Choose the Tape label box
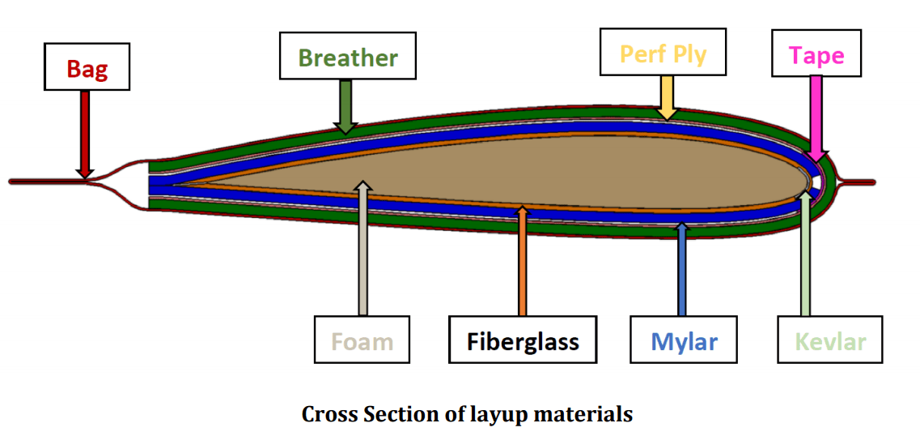(816, 54)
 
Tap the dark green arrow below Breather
(346, 105)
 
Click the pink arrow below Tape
(816, 118)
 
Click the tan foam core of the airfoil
(526, 170)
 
